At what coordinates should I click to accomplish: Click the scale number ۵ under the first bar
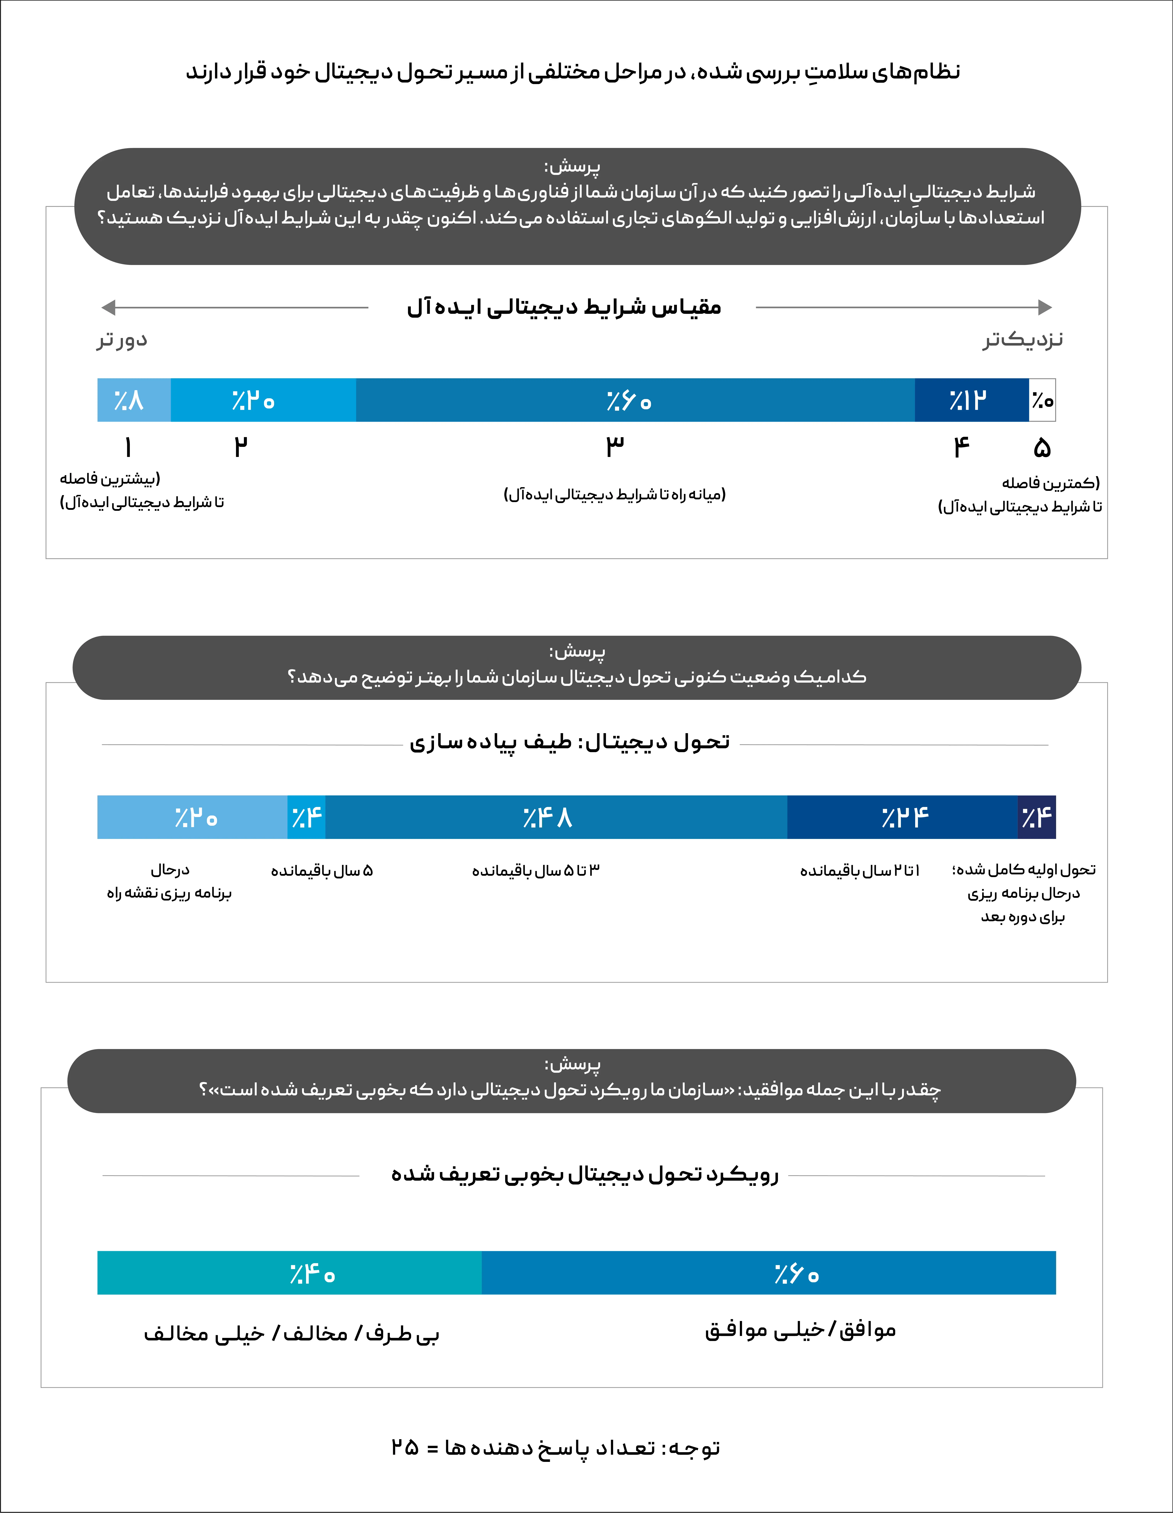[x=1041, y=448]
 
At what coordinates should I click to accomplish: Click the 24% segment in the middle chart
[x=902, y=817]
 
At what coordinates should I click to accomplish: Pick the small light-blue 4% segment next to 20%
[x=306, y=817]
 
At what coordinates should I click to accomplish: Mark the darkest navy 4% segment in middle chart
[x=1037, y=817]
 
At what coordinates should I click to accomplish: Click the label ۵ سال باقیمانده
[x=322, y=871]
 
